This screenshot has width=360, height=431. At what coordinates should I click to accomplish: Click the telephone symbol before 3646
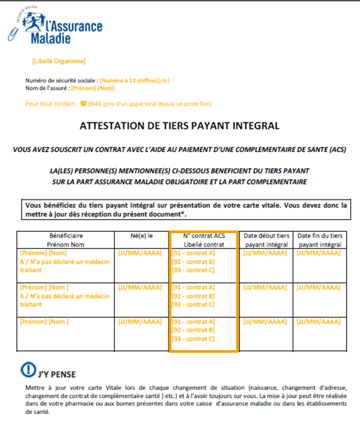pos(84,104)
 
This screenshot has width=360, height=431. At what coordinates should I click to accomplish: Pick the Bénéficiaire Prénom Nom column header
pos(66,240)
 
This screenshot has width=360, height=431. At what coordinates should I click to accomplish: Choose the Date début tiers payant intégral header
pos(266,240)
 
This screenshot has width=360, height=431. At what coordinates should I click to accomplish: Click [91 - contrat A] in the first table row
pos(193,253)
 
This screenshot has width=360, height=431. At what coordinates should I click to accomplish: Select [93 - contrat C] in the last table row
pos(193,339)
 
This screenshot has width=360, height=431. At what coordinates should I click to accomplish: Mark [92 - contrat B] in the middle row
pos(193,296)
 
